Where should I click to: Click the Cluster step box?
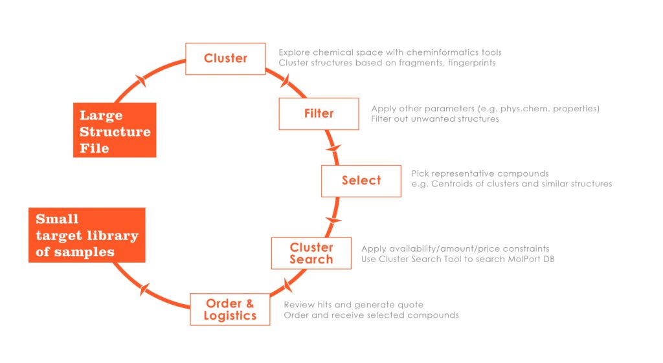point(225,59)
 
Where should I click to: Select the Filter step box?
point(319,114)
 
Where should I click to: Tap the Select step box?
point(361,181)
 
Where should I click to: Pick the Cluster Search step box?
point(311,253)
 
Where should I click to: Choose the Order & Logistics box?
point(230,309)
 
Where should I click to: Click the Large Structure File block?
point(115,130)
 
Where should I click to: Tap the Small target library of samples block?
point(87,235)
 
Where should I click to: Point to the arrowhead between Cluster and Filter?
point(285,80)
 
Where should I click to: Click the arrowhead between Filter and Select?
point(333,148)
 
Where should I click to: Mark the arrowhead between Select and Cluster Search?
point(333,220)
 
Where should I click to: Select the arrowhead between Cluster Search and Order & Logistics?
point(287,285)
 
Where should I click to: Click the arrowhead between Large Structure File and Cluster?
point(141,80)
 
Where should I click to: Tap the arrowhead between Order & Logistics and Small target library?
point(144,289)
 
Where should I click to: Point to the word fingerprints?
point(472,63)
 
